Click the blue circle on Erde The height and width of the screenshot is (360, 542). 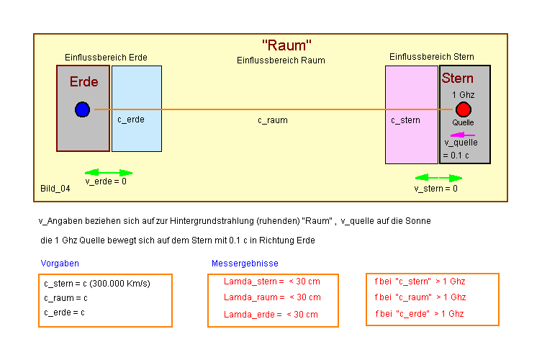[82, 109]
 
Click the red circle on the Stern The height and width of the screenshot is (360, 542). [463, 109]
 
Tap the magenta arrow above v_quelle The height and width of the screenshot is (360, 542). [462, 135]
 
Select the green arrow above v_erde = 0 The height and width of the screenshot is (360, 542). [109, 173]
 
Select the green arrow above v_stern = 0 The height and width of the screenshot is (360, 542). [438, 177]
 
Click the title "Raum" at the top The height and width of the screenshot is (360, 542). [286, 45]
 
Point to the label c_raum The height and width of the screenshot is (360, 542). [273, 120]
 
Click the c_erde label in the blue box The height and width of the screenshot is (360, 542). [131, 120]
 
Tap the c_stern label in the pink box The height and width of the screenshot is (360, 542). [405, 120]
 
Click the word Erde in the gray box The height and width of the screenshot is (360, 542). [83, 82]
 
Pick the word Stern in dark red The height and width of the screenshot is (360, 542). [458, 78]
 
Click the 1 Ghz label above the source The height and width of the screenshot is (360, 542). [463, 95]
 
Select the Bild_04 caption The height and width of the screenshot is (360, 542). [55, 189]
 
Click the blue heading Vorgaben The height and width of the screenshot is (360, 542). [60, 264]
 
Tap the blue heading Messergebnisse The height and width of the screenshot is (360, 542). [245, 264]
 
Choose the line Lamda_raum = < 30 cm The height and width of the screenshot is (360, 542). [272, 297]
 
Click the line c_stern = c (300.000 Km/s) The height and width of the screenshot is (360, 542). [97, 284]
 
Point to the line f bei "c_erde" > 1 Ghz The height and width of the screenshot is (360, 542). [420, 313]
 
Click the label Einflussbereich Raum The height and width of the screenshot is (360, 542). [281, 60]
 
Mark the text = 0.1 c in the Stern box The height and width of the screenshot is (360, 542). [456, 155]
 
